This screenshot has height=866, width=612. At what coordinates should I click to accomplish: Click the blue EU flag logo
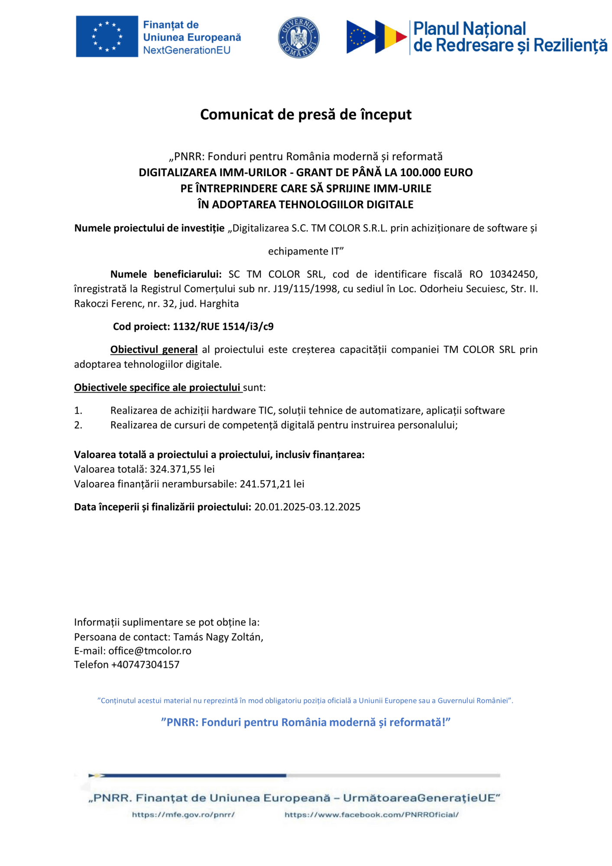coord(107,36)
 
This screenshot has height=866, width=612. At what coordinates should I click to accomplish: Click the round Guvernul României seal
coord(298,38)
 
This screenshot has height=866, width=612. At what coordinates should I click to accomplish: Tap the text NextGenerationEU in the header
coord(187,50)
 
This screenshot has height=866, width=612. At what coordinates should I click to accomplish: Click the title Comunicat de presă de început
coord(306,114)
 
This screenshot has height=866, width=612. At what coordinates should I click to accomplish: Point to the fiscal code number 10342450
coord(513,274)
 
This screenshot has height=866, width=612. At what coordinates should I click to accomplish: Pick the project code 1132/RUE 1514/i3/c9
coord(223,326)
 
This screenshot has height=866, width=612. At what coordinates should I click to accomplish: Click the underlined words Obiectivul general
coord(154,349)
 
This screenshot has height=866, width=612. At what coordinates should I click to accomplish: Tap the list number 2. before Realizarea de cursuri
coord(78,425)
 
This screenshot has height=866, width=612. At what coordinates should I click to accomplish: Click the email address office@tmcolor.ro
coord(150,651)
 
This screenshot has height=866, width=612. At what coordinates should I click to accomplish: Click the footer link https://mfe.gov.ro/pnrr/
coord(183,814)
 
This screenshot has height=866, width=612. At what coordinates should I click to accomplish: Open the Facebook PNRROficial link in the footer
coord(371,814)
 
